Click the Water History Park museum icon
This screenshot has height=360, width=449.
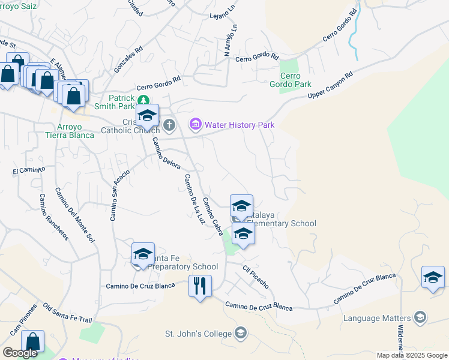point(195,125)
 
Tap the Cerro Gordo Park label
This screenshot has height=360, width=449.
point(291,80)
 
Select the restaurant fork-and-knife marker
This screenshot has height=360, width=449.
point(200,286)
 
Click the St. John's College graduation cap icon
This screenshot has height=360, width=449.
point(241,332)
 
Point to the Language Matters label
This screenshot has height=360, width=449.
point(377,317)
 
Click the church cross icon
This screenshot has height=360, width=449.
point(169,125)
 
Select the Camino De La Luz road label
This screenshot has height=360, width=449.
point(194,199)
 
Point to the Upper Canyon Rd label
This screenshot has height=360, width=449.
point(330,86)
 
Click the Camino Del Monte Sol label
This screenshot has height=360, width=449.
point(75,214)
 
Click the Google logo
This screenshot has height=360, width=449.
point(20,353)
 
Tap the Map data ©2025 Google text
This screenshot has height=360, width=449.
point(411,355)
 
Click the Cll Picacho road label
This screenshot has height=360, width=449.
point(255,276)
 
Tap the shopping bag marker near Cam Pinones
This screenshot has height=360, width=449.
point(33,341)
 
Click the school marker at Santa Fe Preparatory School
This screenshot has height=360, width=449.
point(143,254)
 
